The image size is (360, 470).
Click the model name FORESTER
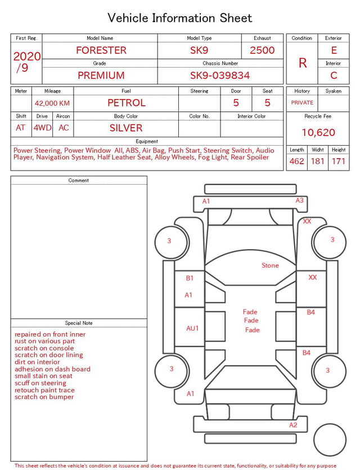101,50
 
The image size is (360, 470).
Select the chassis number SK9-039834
220,75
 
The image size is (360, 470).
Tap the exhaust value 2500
262,50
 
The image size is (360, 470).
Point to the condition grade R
303,63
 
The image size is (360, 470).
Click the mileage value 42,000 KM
52,104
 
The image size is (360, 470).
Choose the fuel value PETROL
127,103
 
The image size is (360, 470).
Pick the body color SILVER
126,128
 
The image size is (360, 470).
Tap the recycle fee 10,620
318,132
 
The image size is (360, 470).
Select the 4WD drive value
42,128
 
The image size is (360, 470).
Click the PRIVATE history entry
302,102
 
